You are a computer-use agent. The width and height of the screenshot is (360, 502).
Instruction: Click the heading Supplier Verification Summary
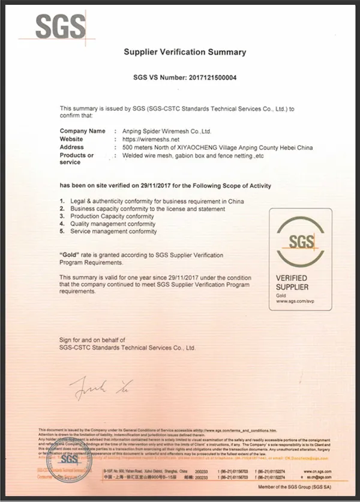coord(185,52)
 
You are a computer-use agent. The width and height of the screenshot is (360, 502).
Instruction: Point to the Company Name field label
coord(82,131)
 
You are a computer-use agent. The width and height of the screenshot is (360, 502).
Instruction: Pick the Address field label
coord(72,147)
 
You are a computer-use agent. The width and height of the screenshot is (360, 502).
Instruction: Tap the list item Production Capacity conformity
coord(112,216)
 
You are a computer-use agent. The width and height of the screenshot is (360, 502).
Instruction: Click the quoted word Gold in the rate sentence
coord(71,255)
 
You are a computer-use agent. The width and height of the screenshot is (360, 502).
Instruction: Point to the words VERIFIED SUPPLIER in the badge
coord(292,282)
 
